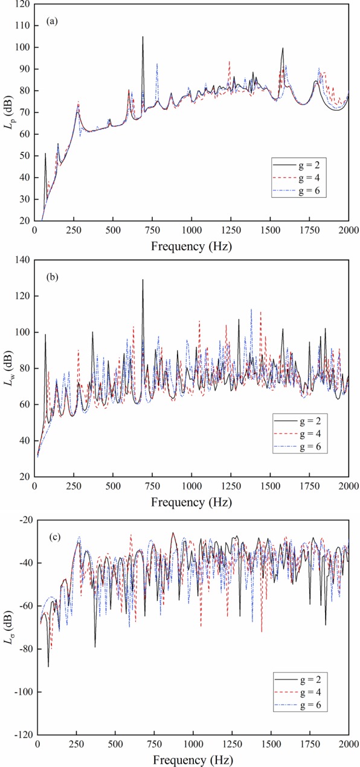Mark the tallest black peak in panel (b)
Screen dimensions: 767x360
(x=143, y=279)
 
